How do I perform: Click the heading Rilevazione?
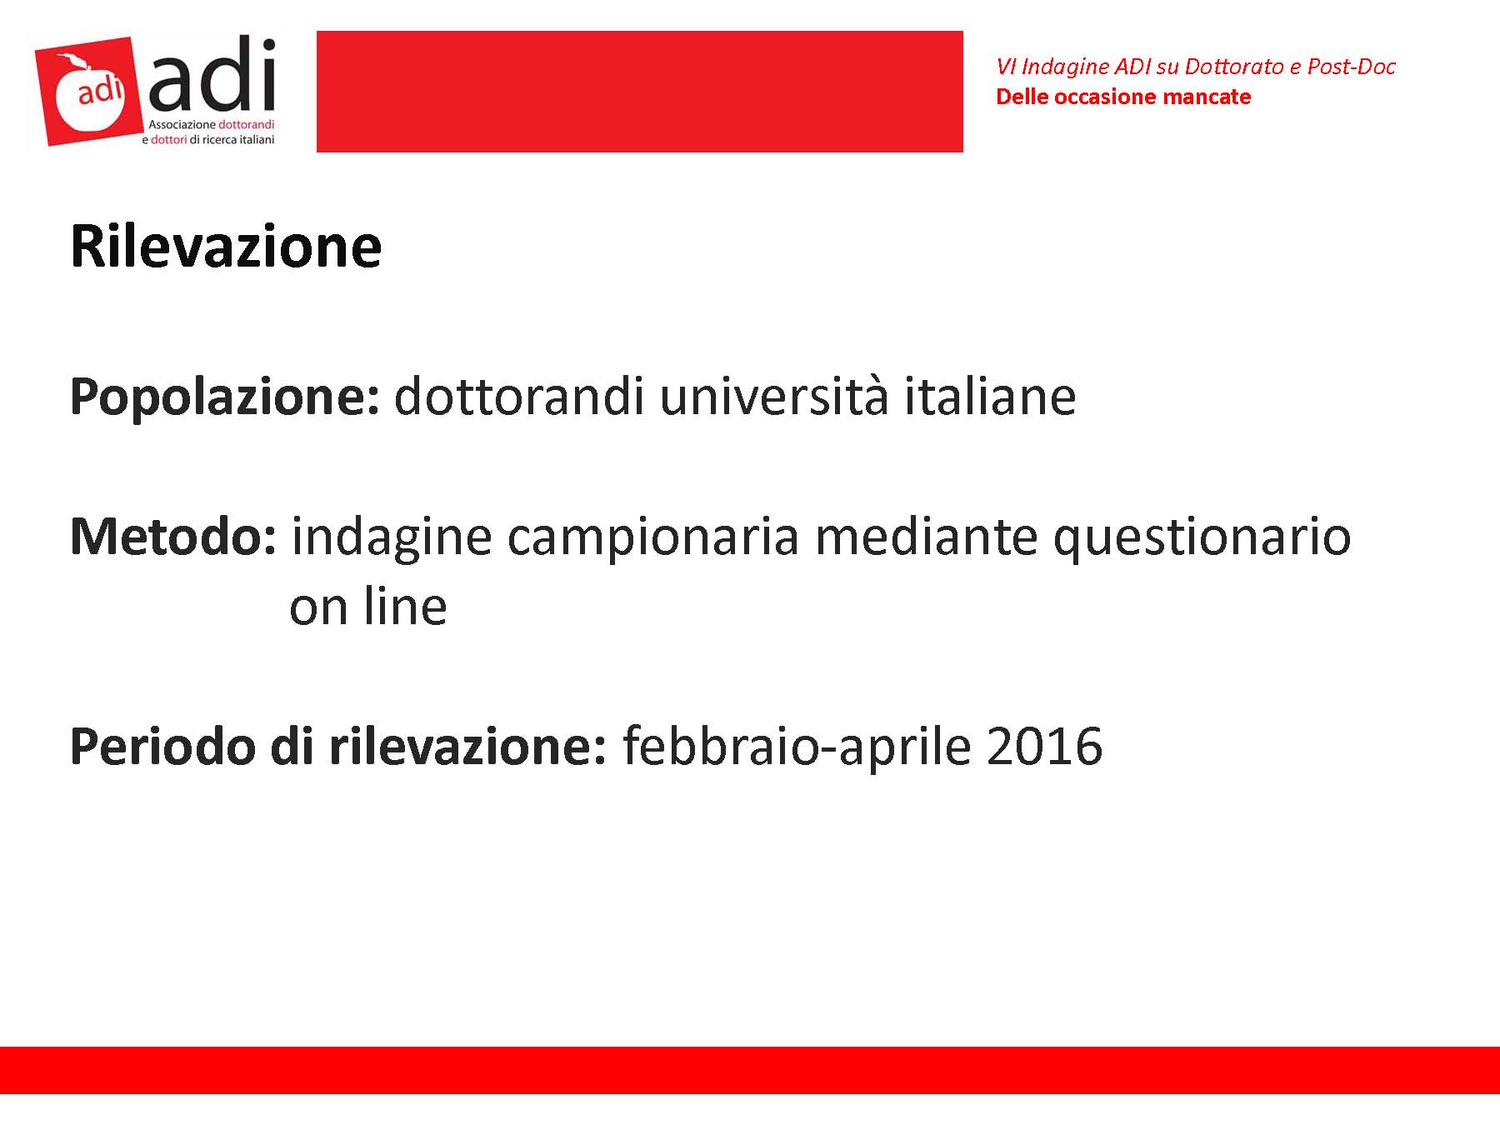point(226,247)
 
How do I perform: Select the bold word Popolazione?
point(225,397)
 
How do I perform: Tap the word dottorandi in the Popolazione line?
point(519,396)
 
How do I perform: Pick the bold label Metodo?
point(173,537)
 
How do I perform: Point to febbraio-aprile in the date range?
point(797,748)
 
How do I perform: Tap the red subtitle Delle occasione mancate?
point(1123,97)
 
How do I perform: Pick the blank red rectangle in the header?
point(640,92)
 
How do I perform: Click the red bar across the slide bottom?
point(750,1070)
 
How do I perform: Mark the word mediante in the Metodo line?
point(926,537)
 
